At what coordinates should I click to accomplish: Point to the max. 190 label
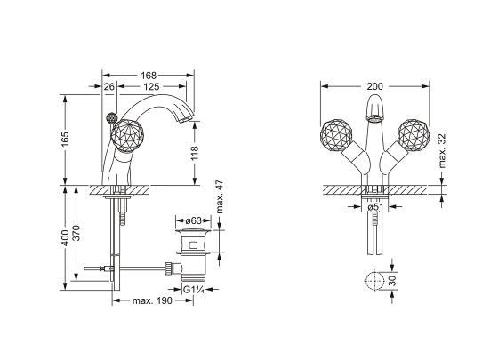[x=150, y=301]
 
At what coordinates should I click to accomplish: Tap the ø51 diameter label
[x=378, y=211]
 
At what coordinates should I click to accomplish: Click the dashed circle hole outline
[x=373, y=280]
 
